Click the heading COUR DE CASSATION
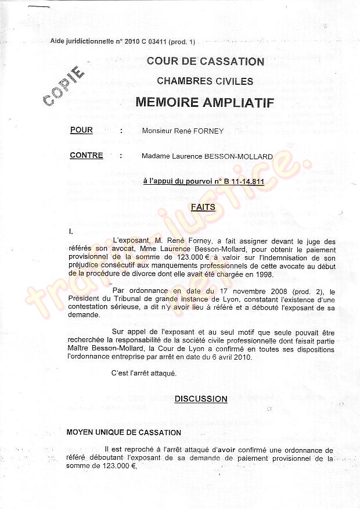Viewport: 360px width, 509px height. click(x=205, y=61)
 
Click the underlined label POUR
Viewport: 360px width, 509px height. click(x=81, y=130)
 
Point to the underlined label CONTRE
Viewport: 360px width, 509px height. click(x=87, y=156)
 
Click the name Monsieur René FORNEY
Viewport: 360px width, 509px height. click(x=182, y=131)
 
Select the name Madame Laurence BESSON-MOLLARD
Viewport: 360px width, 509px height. click(x=207, y=156)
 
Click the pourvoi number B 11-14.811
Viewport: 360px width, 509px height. click(x=242, y=182)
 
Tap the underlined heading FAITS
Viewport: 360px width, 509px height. click(x=204, y=207)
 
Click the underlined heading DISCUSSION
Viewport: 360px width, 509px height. click(x=201, y=399)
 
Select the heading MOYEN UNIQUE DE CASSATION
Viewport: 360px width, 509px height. click(x=124, y=432)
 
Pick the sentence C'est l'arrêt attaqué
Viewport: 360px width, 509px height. click(x=143, y=373)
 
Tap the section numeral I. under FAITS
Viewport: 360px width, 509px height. click(x=71, y=231)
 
